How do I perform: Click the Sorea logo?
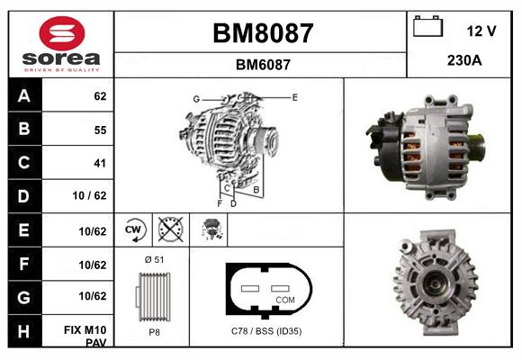pos(61,44)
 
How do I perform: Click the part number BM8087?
pos(263,33)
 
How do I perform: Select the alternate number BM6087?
pos(263,64)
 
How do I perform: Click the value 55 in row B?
pos(99,130)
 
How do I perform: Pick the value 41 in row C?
pos(99,163)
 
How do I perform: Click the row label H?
pos(24,331)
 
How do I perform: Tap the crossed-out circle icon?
pos(170,229)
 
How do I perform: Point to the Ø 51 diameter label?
pos(153,259)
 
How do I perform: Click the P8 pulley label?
pos(153,331)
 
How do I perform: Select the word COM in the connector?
pos(284,299)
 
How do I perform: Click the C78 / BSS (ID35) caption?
pos(265,331)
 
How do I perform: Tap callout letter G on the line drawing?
pos(195,98)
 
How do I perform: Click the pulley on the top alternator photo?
pos(473,144)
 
